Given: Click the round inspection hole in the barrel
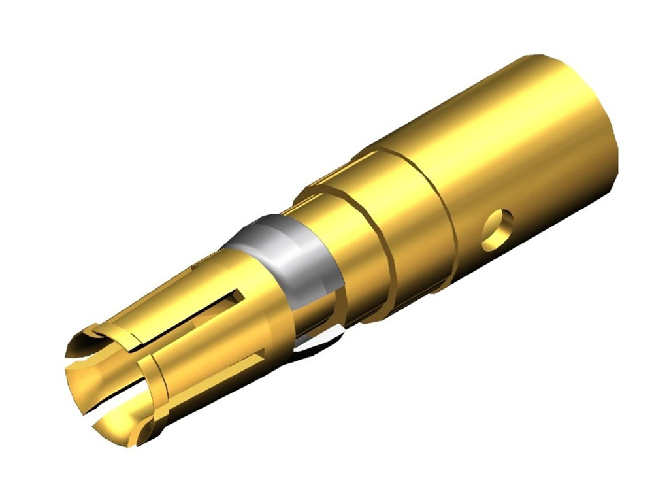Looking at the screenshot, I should click(497, 229).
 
